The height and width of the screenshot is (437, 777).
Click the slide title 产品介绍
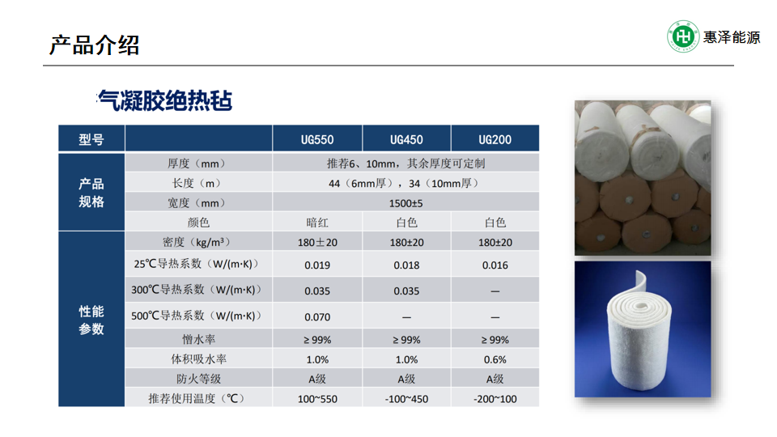[94, 45]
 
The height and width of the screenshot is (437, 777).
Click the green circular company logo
[683, 36]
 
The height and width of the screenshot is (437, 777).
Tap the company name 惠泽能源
[732, 37]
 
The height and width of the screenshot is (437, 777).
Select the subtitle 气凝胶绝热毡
[164, 100]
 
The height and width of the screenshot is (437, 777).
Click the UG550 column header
[317, 140]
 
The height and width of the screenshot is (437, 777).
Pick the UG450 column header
[406, 140]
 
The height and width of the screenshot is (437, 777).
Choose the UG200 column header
[495, 140]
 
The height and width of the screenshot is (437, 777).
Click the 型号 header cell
[91, 140]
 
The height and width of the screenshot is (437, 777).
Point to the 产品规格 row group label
[91, 193]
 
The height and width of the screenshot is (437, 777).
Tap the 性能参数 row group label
[91, 320]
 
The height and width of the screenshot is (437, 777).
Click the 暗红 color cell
[317, 223]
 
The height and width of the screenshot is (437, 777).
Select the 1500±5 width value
[405, 203]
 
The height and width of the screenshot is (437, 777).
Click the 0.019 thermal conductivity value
[317, 265]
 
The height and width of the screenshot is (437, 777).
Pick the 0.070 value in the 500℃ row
[317, 316]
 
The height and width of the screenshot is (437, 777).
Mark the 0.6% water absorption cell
[495, 359]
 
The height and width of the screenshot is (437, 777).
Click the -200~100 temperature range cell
[495, 399]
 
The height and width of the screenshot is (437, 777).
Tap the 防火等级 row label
[198, 379]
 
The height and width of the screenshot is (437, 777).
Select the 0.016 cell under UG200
[495, 265]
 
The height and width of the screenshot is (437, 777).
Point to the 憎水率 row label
[198, 339]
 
